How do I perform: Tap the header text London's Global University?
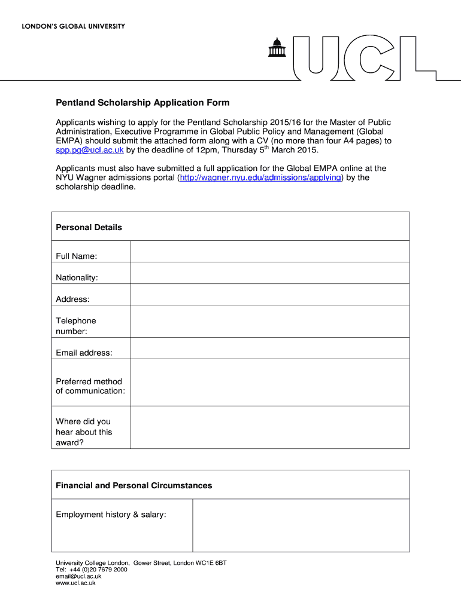pos(74,26)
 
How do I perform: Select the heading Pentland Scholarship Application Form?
pos(142,103)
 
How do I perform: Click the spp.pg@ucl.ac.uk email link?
pos(90,149)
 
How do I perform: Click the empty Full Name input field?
pos(270,252)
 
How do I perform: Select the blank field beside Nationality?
pos(270,273)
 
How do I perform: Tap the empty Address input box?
pos(270,295)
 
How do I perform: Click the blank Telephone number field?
pos(270,322)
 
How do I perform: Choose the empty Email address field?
pos(270,348)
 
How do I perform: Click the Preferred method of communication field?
pos(270,382)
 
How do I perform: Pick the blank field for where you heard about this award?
pos(270,427)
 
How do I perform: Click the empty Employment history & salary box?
pos(301,525)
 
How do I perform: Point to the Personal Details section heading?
pos(89,227)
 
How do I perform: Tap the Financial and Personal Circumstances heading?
pos(134,485)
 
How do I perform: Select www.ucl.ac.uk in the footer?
pos(75,583)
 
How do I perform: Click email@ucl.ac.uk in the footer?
pos(78,576)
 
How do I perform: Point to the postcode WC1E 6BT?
pos(213,563)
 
